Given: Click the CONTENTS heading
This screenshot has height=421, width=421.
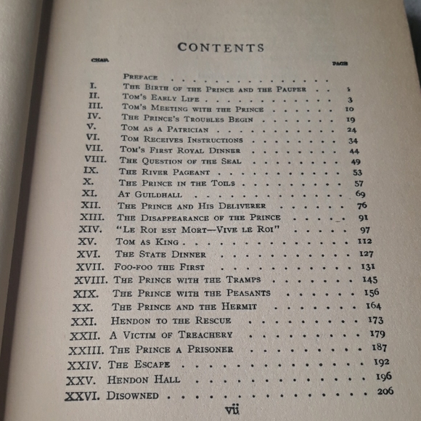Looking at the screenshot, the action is click(x=221, y=48).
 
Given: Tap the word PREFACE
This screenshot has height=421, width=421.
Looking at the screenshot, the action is click(x=140, y=76).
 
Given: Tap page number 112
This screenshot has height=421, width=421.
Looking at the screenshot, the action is click(x=364, y=241).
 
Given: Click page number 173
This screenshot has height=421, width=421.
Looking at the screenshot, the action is click(x=375, y=319).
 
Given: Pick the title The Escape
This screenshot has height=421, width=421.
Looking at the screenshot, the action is click(x=139, y=364).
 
